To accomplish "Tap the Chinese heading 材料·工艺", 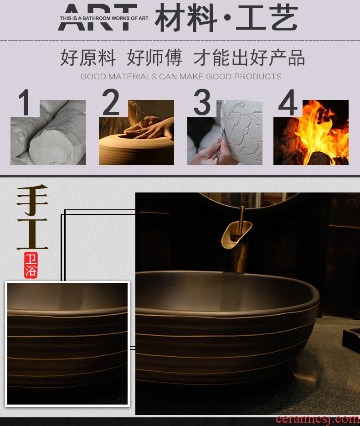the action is tap(226, 18).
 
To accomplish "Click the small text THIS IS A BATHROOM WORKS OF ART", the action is tap(104, 18).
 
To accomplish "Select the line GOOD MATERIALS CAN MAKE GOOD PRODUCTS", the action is tap(181, 76).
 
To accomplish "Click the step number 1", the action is tap(25, 102).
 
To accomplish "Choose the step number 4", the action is tap(288, 102).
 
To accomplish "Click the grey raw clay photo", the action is tap(48, 132).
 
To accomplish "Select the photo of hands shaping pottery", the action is tap(136, 132).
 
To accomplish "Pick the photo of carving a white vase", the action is tap(225, 132).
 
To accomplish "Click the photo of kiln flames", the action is tap(311, 132).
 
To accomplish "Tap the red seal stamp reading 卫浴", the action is tap(31, 265).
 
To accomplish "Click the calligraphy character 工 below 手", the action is tap(32, 234).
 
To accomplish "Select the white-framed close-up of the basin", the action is tap(67, 344).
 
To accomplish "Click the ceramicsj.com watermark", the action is tap(318, 419).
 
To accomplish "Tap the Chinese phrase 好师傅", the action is tap(154, 57).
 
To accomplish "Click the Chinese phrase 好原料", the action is tap(88, 57).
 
